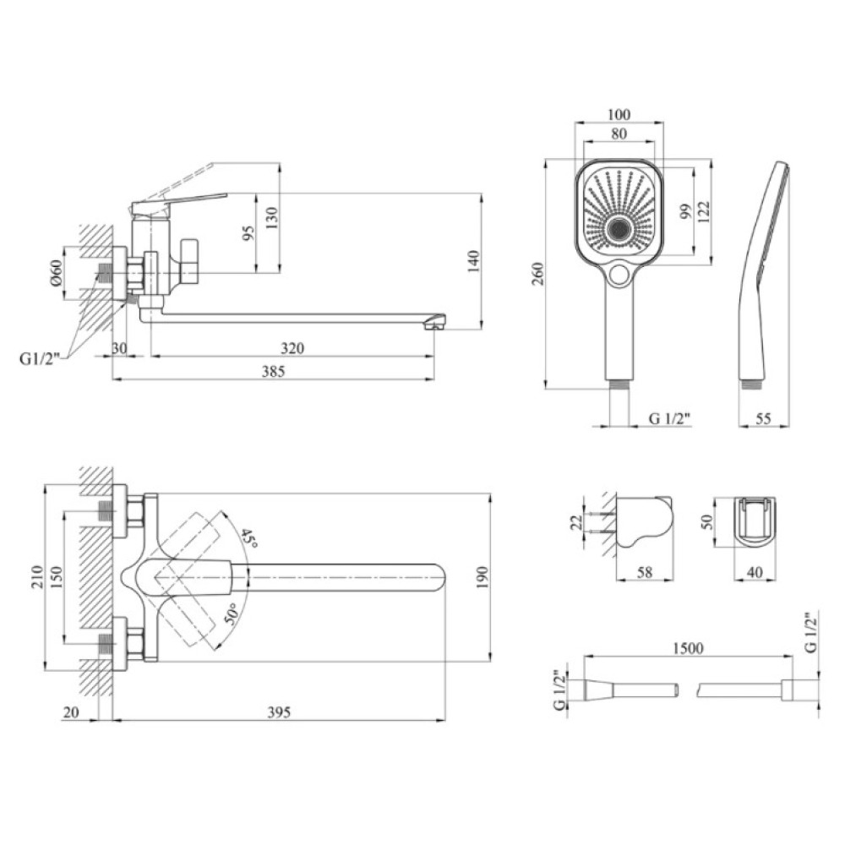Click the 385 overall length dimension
coord(273,371)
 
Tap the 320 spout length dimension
coord(292,348)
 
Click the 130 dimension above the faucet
coord(271,218)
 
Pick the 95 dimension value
coord(248,233)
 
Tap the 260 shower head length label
coord(538,274)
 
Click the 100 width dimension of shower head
coord(619,114)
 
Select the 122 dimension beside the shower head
coord(703,212)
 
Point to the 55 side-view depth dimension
coord(763,418)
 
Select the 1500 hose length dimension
coord(688,647)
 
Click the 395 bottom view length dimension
coord(279,712)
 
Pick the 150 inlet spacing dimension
coord(56,577)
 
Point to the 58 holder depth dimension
coord(645,572)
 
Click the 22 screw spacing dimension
coord(576,521)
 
